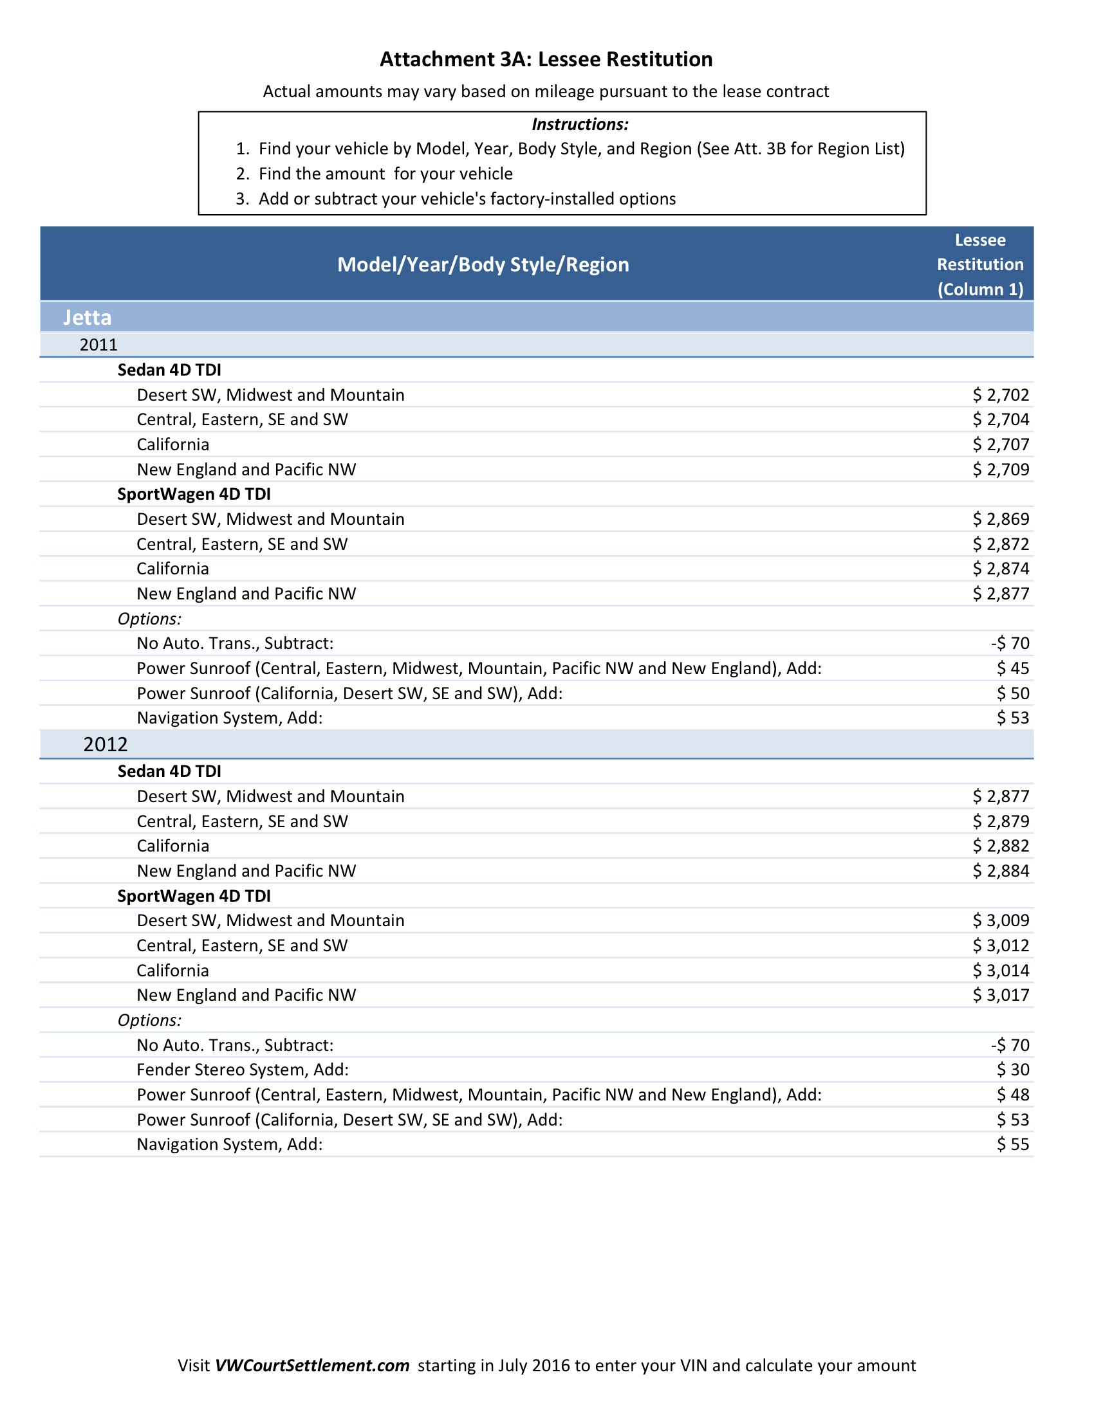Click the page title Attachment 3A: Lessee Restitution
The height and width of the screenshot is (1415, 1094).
click(x=546, y=59)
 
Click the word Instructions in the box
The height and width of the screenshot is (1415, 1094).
click(x=579, y=123)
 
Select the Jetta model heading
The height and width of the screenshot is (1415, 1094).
click(x=88, y=318)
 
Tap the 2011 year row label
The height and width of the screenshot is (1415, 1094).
click(x=98, y=345)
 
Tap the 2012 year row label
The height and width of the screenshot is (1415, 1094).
click(x=106, y=744)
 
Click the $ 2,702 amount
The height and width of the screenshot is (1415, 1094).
click(x=1000, y=394)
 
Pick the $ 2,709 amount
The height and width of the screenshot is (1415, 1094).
click(x=1000, y=469)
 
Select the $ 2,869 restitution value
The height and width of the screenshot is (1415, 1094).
click(x=1000, y=519)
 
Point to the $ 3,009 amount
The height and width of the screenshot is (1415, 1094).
click(x=1000, y=920)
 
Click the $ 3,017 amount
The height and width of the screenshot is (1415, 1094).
click(x=1000, y=995)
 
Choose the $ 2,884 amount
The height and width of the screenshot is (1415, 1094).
click(x=1000, y=871)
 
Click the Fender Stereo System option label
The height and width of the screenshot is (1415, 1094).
click(x=243, y=1070)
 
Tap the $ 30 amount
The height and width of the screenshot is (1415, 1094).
click(x=1012, y=1070)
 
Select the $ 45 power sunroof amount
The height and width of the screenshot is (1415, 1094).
click(x=1012, y=668)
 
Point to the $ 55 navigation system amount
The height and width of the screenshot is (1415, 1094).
click(x=1012, y=1144)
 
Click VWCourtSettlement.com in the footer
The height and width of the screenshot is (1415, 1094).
click(x=311, y=1365)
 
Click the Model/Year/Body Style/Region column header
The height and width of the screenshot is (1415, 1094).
click(x=483, y=264)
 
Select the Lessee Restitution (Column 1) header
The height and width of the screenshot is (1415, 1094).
click(x=980, y=264)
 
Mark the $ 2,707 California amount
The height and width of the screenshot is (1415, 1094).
click(x=1000, y=444)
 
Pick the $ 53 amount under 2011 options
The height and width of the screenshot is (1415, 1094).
click(x=1012, y=718)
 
